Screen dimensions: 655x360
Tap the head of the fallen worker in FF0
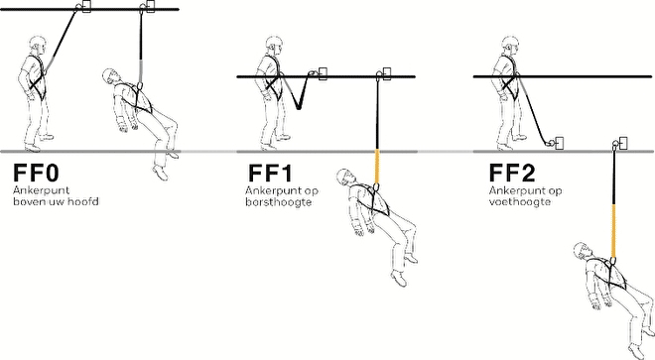[112, 76]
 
